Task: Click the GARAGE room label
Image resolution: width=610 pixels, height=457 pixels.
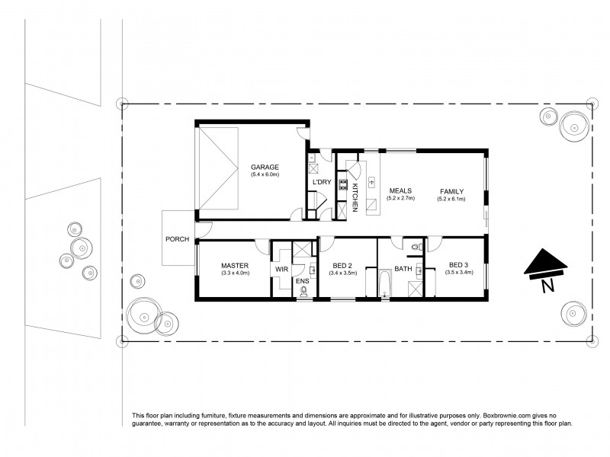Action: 265,168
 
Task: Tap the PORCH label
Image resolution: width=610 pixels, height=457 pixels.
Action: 177,239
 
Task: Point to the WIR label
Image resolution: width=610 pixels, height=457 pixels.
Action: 281,269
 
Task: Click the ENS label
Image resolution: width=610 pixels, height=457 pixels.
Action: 302,281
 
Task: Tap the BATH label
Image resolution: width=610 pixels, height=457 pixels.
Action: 403,269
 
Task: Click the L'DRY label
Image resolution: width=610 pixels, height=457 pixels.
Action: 321,182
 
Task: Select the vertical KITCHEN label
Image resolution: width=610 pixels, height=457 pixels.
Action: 355,197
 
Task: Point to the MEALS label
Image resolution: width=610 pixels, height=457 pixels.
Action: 401,191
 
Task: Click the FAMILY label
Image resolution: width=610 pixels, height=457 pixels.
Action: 451,191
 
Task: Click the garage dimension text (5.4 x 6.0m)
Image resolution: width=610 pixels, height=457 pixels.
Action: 265,175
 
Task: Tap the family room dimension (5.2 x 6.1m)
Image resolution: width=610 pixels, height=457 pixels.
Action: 451,199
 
